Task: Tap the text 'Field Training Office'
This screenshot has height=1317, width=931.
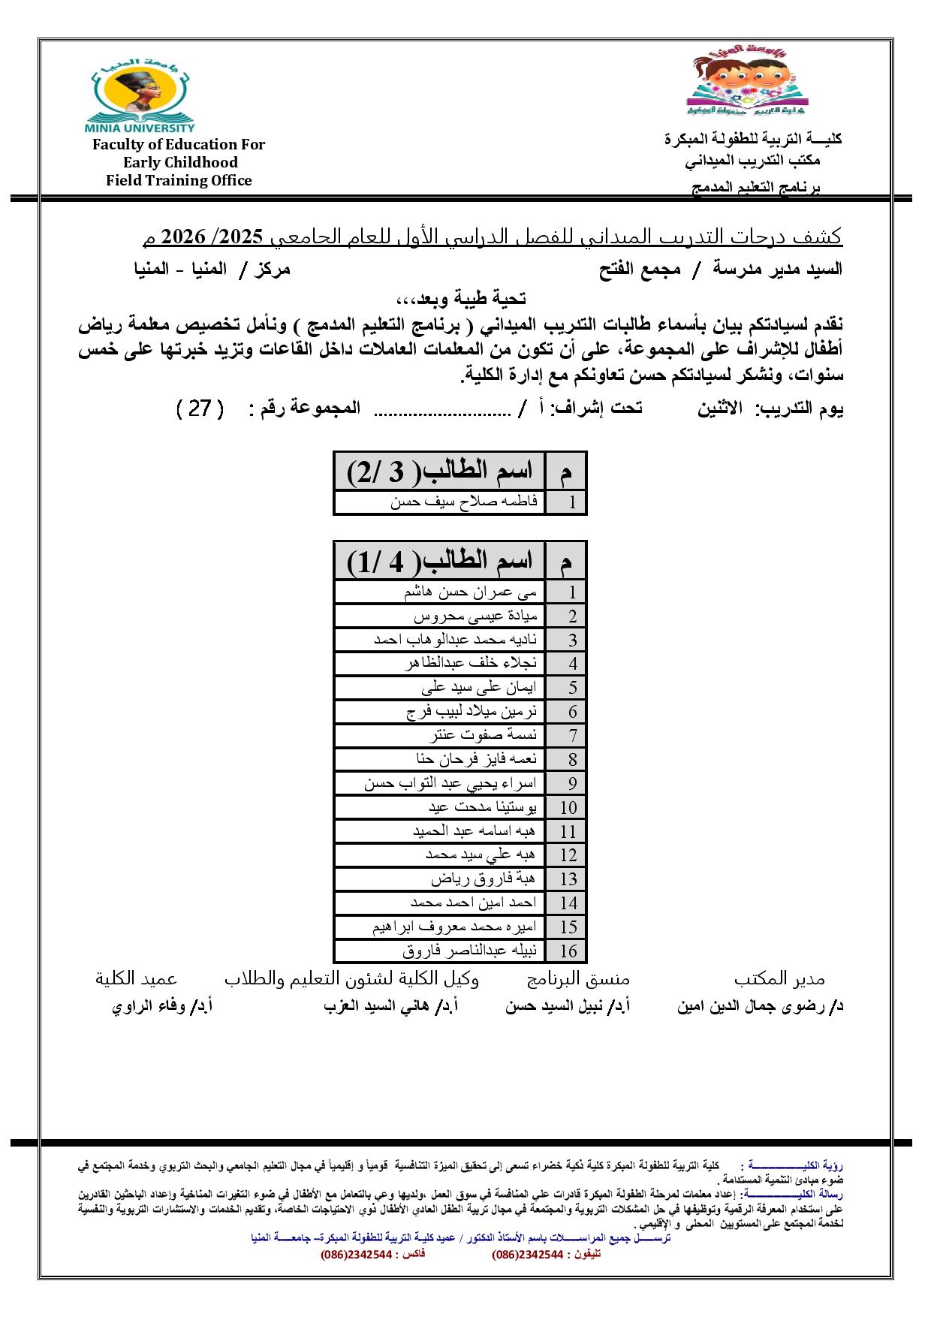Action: pos(179,180)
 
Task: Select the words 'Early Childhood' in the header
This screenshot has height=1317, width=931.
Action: pos(180,162)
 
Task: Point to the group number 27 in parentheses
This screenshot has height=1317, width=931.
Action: pos(200,408)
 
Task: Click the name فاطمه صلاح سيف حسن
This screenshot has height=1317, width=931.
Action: pos(464,502)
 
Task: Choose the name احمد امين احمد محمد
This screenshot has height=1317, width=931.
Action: pos(474,903)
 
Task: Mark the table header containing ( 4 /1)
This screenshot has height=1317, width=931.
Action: pos(439,560)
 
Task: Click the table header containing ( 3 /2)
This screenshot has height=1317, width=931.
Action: pos(439,471)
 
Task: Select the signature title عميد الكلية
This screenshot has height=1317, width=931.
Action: pos(136,978)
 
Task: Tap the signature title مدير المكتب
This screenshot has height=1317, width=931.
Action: pos(779,978)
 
